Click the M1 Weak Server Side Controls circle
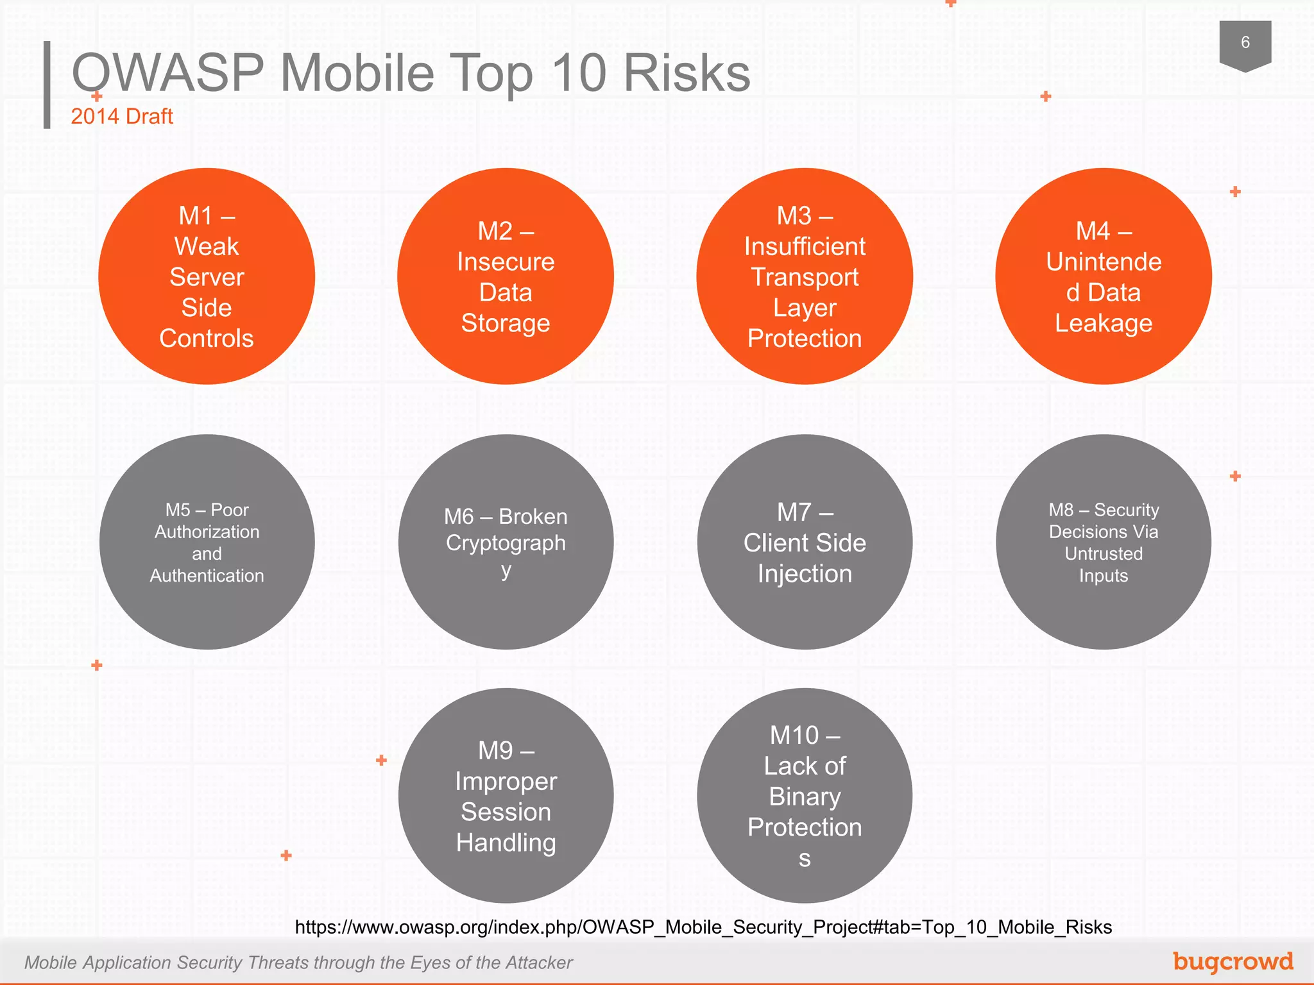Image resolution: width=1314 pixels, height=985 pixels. point(207,276)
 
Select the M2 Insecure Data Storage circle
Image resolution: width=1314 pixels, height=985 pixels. point(506,276)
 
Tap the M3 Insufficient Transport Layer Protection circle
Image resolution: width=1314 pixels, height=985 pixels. point(805,276)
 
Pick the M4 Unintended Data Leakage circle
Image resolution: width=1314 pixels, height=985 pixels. point(1104,276)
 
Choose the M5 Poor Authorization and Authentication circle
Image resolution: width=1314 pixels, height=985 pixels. point(207,542)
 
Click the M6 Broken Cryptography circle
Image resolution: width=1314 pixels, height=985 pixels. point(506,542)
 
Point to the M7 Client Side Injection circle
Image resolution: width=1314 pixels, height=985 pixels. point(805,542)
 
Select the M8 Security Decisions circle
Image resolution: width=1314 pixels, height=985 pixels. point(1104,542)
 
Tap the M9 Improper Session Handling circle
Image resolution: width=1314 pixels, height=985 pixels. point(506,796)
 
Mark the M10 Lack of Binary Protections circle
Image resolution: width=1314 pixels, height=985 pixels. point(805,796)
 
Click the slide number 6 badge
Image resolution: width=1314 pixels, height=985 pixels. point(1245,44)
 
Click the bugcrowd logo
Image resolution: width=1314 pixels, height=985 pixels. point(1233,961)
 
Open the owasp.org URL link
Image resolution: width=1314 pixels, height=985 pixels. point(703,927)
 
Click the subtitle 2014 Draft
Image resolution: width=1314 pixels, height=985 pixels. point(122,116)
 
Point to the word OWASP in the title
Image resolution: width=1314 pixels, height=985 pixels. point(168,73)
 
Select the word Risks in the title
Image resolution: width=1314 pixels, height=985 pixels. point(687,73)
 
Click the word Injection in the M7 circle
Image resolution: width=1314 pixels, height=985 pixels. point(805,573)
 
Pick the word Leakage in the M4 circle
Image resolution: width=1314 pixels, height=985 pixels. point(1104,323)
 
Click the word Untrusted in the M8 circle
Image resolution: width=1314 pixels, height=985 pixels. point(1104,553)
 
